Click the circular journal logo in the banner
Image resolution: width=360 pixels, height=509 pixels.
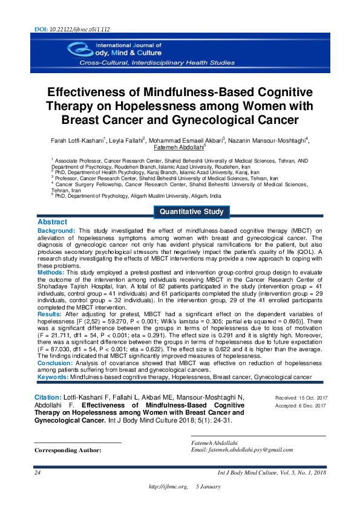78,50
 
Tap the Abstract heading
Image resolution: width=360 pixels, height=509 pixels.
52,222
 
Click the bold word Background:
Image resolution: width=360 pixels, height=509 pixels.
56,231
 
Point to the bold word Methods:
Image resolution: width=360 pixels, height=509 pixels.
51,273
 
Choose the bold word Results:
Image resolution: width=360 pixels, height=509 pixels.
50,315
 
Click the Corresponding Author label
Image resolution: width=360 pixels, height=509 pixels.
68,450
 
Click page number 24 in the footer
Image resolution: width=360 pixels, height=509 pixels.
38,472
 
